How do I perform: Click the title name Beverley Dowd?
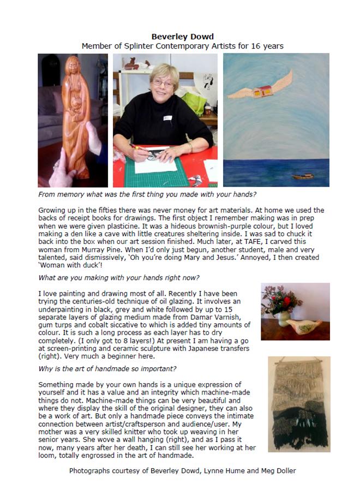182,37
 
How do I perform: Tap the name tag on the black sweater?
168,117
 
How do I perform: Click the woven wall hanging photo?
298,404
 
